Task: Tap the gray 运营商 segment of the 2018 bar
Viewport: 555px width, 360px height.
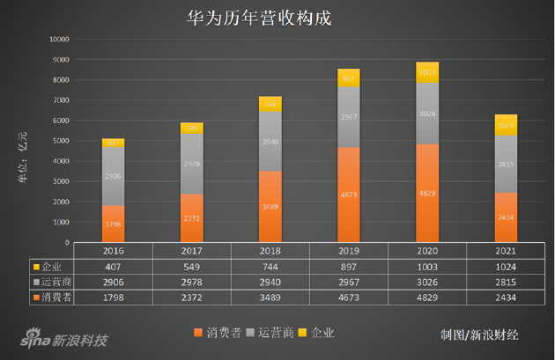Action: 270,141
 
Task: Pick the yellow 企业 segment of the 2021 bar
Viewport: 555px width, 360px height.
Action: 505,125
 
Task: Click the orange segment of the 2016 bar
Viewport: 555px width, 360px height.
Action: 114,224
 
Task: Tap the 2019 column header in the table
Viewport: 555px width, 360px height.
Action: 349,251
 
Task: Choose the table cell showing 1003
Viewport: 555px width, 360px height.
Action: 427,266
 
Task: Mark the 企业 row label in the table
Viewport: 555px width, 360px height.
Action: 48,266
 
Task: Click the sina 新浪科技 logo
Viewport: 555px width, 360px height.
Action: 63,340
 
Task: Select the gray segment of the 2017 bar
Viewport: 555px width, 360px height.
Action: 192,164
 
